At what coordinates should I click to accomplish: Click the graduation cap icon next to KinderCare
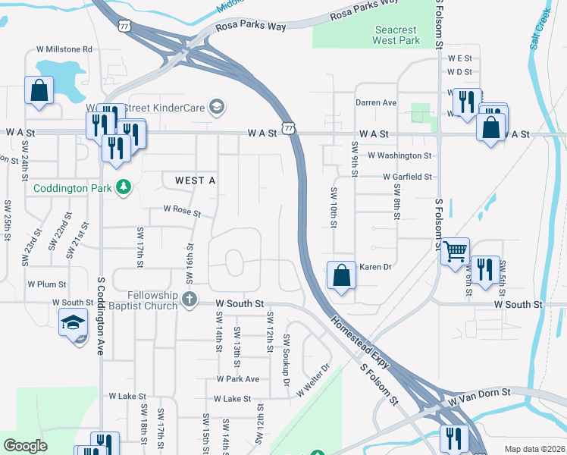[218, 108]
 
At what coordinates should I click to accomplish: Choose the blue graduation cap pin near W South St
[74, 322]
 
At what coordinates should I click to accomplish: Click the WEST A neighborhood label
[195, 180]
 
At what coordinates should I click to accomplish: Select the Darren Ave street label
[376, 102]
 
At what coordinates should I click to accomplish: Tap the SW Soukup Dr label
[287, 359]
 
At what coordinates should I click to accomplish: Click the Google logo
[25, 446]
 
